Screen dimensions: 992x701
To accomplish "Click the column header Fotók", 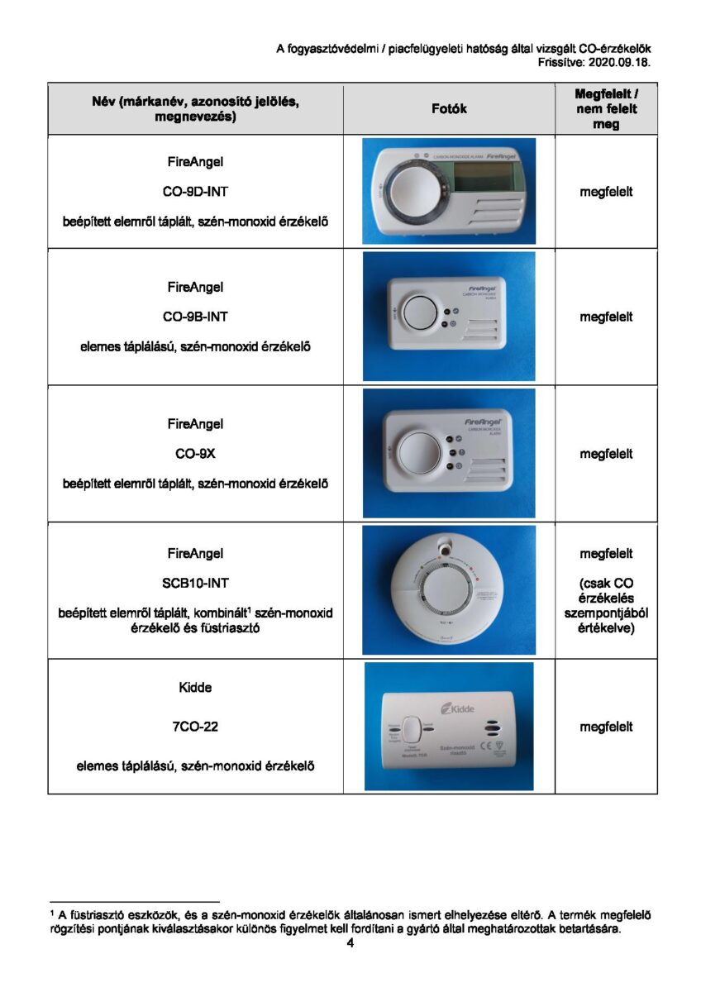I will click(449, 109).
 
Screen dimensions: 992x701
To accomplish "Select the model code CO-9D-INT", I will click(195, 192).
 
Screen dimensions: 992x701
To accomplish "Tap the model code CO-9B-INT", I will click(195, 317).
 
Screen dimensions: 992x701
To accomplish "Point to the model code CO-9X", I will click(195, 454).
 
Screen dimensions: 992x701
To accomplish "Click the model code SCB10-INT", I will click(195, 583).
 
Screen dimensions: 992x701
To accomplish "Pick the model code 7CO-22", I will click(195, 727).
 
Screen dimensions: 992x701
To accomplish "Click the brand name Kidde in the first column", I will click(195, 687).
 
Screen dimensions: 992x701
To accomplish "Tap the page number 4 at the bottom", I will click(350, 943).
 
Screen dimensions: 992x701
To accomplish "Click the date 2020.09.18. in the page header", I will click(620, 61).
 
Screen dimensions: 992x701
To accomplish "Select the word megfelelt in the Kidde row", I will click(606, 727).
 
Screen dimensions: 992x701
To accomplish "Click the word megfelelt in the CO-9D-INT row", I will click(606, 192).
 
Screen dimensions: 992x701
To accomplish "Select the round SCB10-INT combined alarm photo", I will click(449, 590).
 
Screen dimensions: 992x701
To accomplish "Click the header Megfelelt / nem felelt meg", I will click(606, 109).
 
